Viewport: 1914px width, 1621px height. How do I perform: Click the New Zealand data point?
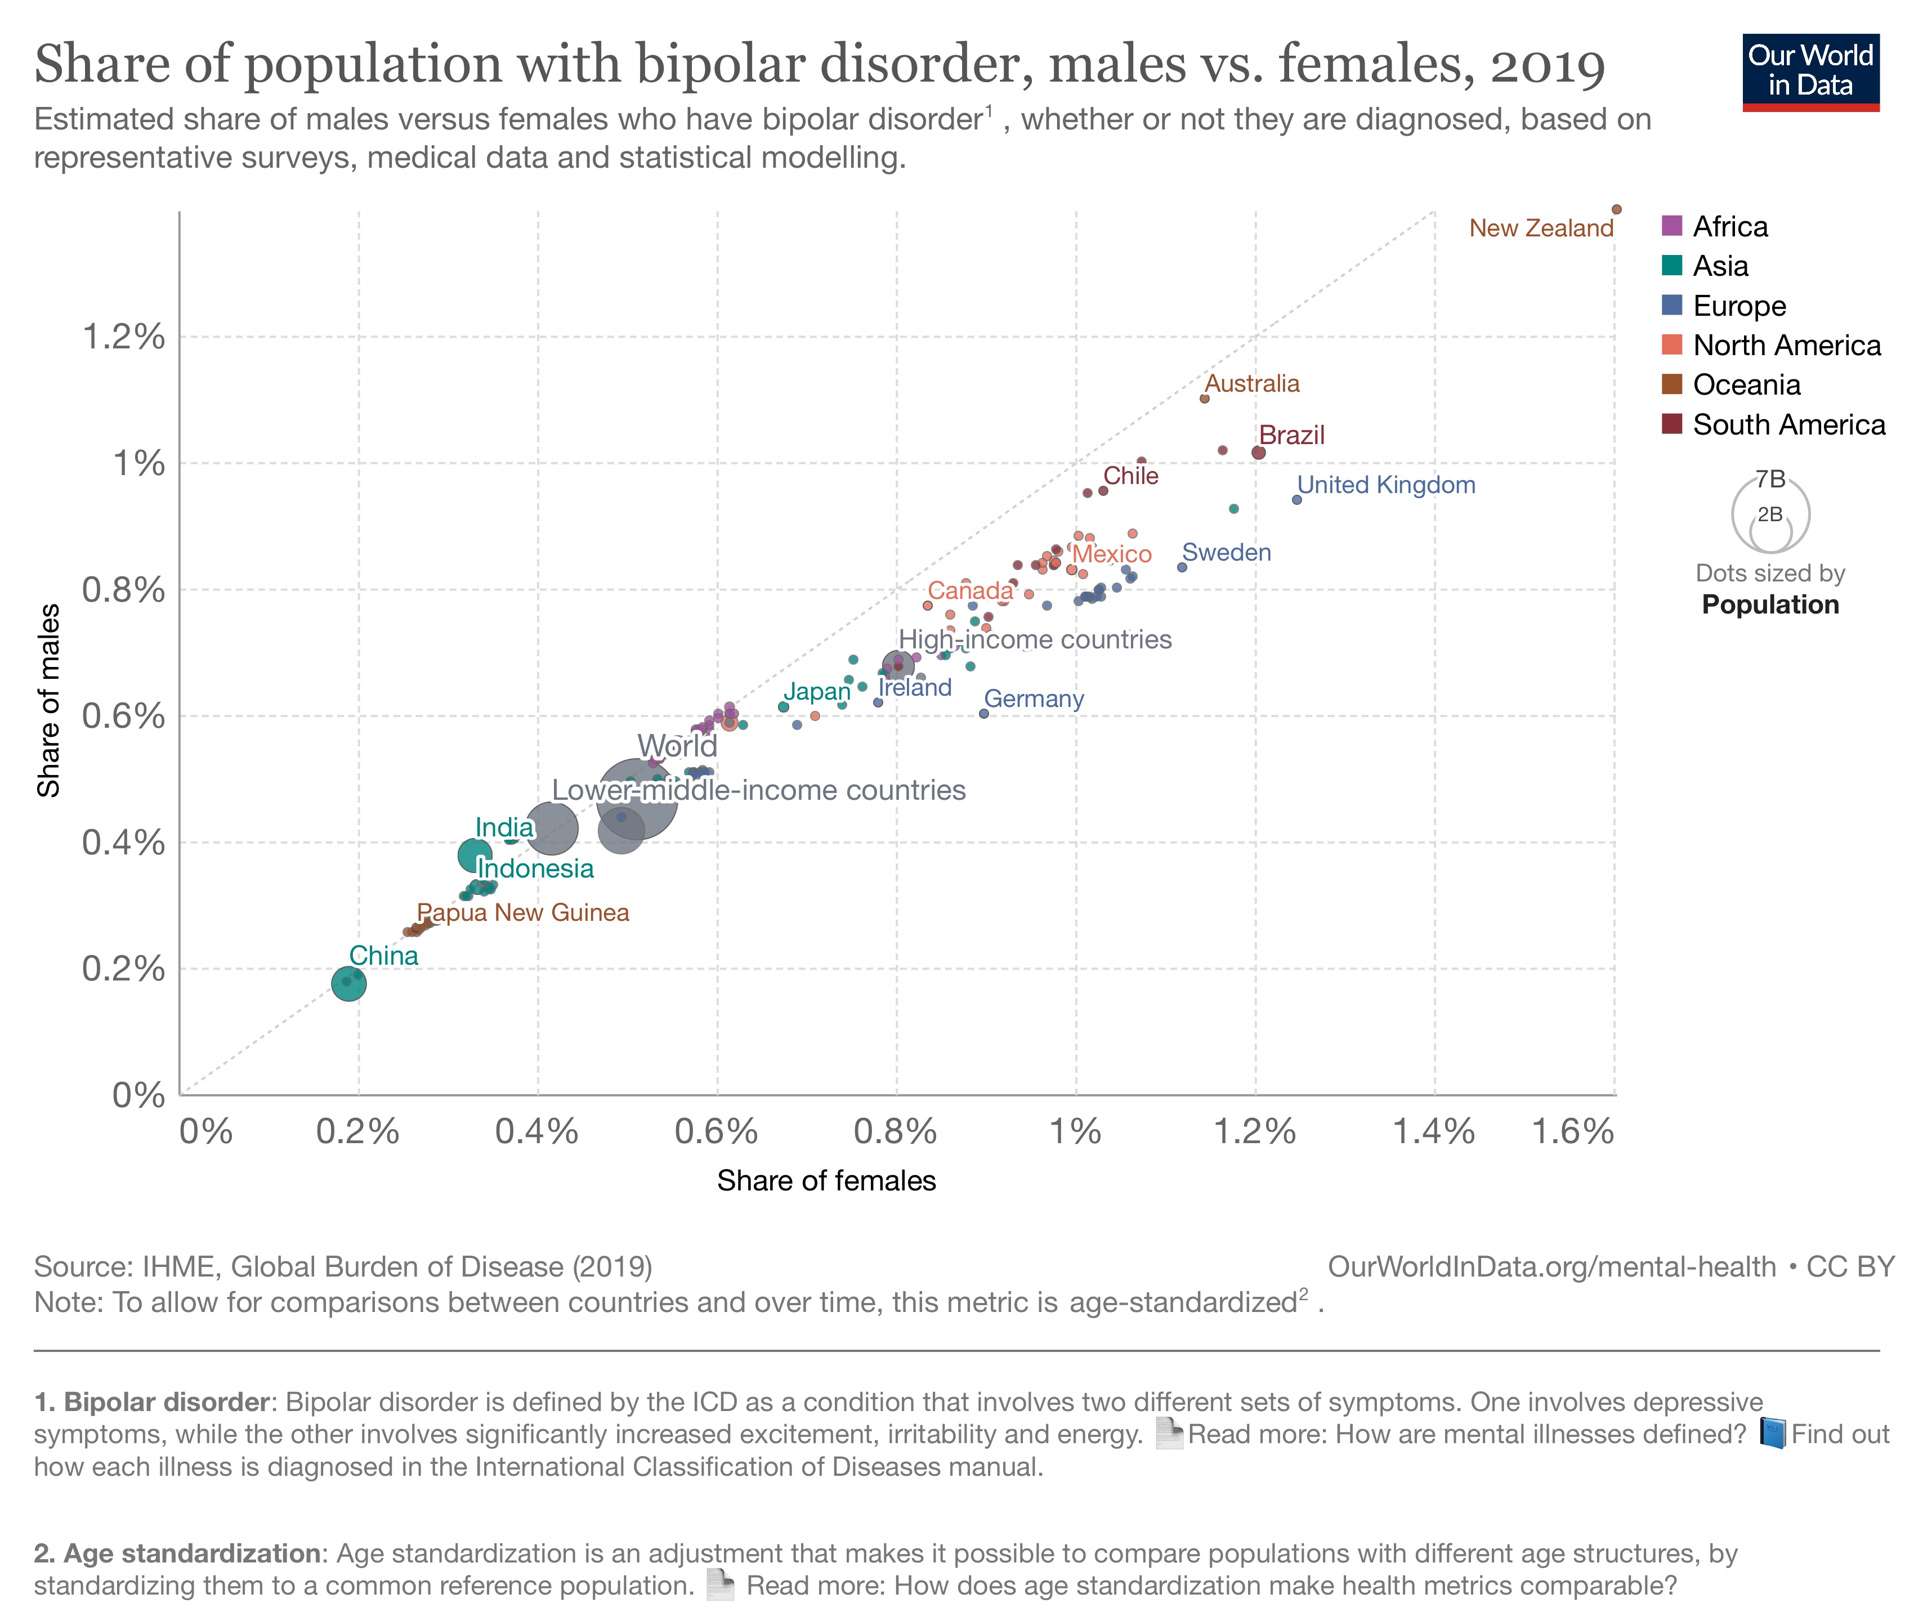point(1616,209)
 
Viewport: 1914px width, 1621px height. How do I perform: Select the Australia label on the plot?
point(1251,383)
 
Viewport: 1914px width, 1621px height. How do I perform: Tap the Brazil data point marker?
point(1258,452)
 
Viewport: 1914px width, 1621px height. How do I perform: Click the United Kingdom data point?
point(1296,500)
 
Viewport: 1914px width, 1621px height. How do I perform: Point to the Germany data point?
point(983,713)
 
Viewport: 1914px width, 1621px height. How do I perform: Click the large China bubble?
point(348,983)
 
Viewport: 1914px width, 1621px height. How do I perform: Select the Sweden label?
point(1226,552)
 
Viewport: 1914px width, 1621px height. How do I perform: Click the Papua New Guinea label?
point(523,912)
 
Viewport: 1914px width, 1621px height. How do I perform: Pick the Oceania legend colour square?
point(1671,384)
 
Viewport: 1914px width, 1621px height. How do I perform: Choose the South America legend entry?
point(1787,424)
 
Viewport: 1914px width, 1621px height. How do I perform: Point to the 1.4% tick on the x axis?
point(1433,1131)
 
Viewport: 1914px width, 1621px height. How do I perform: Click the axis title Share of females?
point(825,1181)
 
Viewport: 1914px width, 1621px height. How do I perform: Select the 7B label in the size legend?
point(1770,479)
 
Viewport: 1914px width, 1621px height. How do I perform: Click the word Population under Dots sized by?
point(1770,604)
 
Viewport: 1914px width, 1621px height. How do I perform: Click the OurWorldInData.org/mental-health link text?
point(1551,1266)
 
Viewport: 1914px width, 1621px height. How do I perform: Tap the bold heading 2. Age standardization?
point(176,1553)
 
